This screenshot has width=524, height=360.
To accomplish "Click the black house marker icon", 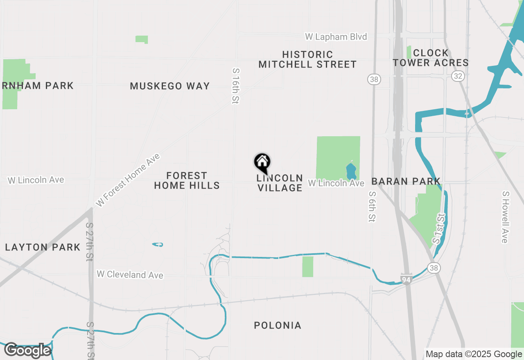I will coord(262,162).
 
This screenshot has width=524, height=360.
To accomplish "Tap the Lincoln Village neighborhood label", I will coord(280,183).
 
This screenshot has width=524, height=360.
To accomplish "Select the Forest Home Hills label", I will coord(187,180).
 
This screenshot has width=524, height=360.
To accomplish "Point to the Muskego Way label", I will coord(170,86).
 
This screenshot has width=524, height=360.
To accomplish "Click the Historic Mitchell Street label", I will coord(307,59).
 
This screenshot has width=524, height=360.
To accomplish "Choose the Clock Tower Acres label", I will coord(431,58).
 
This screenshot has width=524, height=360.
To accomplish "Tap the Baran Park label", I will coord(406,181).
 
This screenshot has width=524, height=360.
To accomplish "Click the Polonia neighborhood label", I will coord(278,325).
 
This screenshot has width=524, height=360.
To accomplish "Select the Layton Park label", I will coord(43,247).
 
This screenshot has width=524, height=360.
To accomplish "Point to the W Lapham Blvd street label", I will coord(336,37).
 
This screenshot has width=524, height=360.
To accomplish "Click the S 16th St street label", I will coord(235,85).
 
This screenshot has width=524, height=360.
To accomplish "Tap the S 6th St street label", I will coord(372,207).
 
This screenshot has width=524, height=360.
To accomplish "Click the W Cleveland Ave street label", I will coord(130,274).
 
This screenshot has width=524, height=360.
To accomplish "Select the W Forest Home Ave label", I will coord(128,180).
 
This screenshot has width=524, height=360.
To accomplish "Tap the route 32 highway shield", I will coord(457,76).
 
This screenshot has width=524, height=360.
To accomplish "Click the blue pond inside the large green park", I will coord(351,171).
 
